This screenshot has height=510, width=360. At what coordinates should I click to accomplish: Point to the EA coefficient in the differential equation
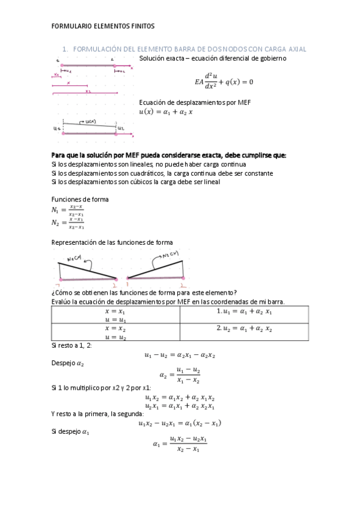(200, 82)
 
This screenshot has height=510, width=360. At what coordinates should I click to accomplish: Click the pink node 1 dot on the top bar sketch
(61, 64)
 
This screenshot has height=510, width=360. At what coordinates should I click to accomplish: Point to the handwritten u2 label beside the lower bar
(121, 129)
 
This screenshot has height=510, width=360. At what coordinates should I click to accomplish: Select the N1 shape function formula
(67, 210)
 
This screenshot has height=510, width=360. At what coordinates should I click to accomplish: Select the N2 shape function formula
(67, 223)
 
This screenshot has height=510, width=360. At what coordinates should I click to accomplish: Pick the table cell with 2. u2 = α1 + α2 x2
(244, 330)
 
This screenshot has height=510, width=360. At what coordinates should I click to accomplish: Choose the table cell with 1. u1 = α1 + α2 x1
(244, 312)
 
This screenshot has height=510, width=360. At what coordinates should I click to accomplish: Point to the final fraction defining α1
(180, 444)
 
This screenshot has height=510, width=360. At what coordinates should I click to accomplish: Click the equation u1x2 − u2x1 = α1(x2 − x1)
(180, 423)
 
